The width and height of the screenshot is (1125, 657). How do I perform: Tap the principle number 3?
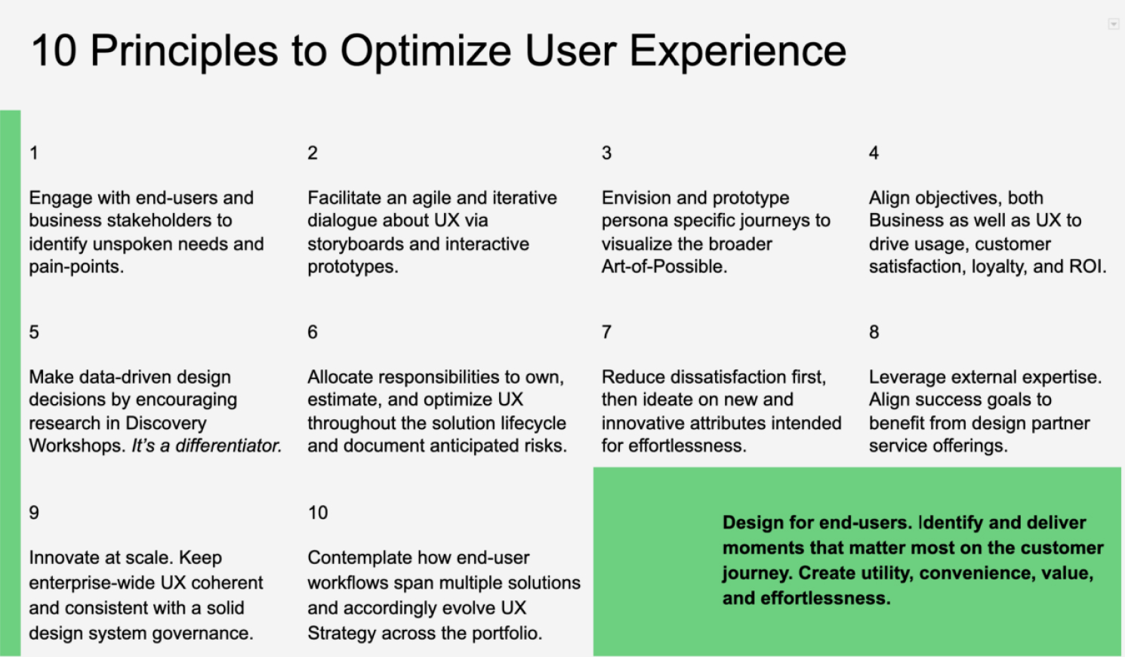tap(606, 153)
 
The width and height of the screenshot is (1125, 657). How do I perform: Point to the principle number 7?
tap(606, 332)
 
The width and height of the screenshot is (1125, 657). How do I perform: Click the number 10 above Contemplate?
tap(318, 513)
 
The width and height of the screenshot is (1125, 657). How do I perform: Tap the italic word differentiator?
tap(228, 446)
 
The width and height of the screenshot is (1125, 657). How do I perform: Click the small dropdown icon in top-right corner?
tap(1113, 25)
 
